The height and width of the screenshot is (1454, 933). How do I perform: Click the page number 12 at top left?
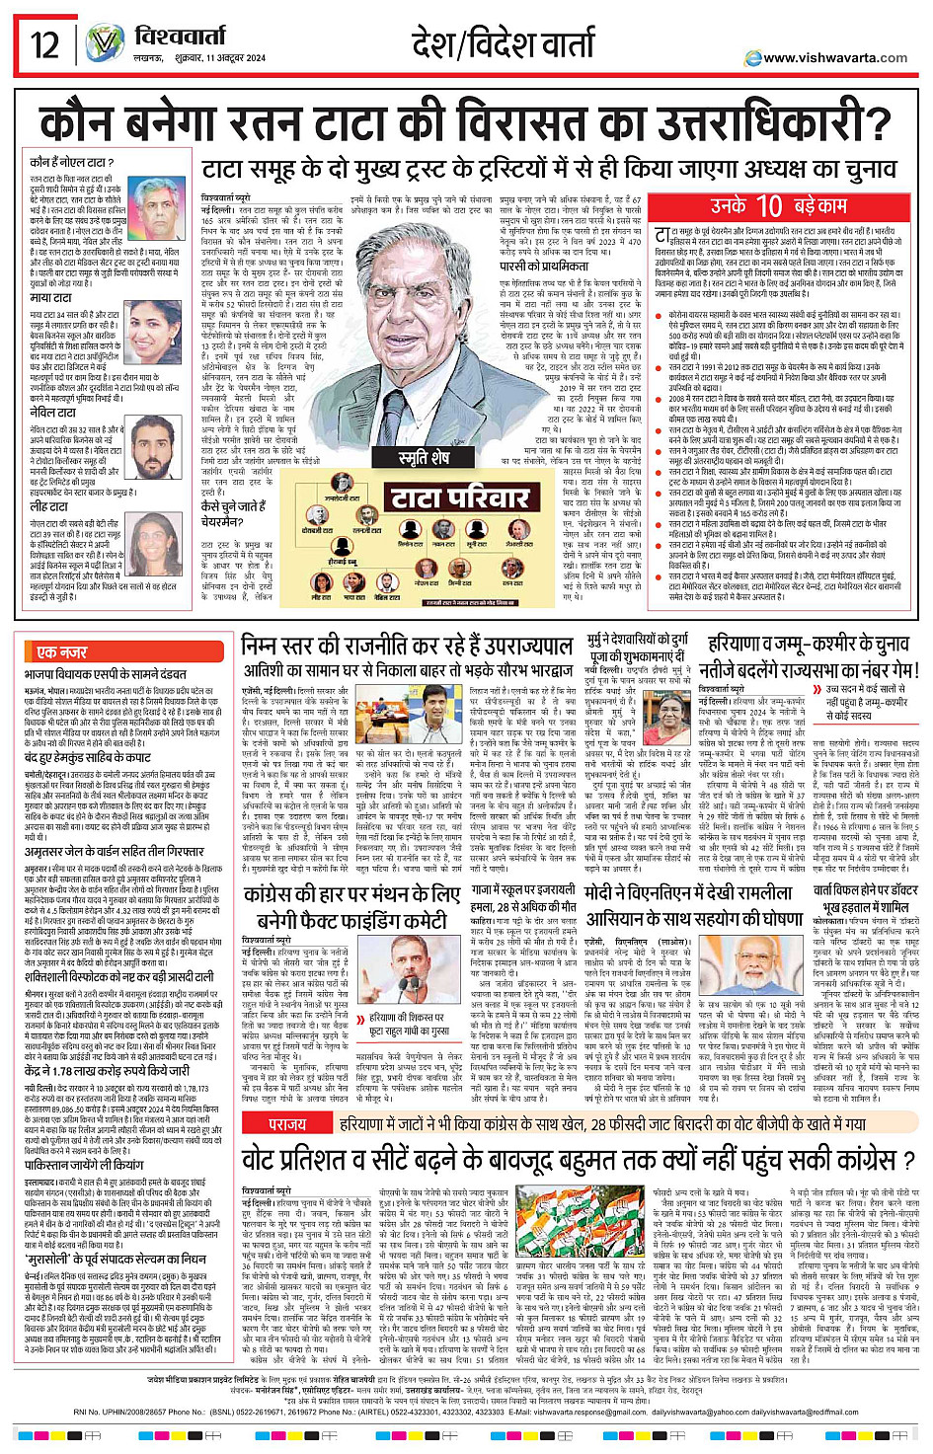click(44, 44)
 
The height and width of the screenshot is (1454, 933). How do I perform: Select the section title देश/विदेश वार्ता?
click(504, 44)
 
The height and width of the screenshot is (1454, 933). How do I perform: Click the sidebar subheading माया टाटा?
click(50, 298)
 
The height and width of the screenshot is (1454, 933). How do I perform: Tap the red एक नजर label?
click(61, 652)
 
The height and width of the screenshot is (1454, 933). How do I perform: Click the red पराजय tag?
click(287, 1123)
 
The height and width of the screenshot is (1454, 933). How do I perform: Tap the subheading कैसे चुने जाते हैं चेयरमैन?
click(233, 513)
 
